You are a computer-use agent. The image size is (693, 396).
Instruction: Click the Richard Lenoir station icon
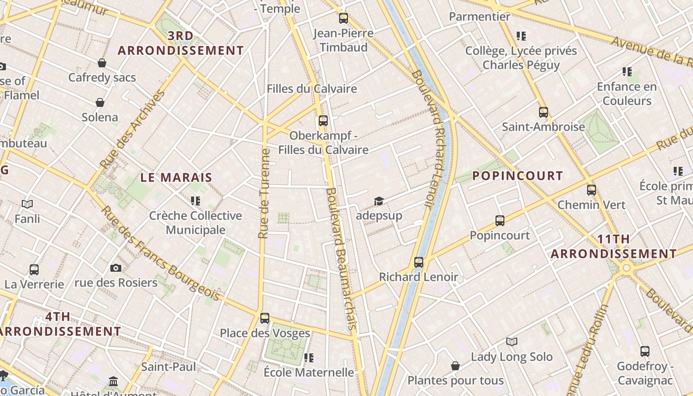(419, 262)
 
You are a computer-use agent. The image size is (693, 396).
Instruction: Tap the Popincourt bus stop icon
(500, 220)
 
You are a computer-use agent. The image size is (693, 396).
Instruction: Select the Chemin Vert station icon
(592, 190)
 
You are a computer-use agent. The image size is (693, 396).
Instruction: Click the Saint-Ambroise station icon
(544, 112)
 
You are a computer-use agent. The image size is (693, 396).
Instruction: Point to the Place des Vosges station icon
(265, 318)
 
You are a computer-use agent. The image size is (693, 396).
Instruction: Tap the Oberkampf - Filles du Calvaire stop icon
(323, 120)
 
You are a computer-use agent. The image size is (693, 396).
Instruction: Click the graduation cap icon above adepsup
(379, 201)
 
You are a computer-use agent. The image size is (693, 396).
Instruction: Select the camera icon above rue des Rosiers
(116, 268)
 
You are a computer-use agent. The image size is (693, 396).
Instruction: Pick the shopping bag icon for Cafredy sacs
(102, 63)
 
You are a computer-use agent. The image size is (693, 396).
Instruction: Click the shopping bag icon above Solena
(100, 102)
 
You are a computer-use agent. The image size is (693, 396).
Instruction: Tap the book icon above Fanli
(27, 204)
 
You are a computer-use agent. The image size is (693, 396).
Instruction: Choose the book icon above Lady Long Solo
(512, 342)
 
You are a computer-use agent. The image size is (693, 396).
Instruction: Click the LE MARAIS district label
(176, 177)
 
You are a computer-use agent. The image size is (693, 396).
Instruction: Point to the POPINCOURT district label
(517, 176)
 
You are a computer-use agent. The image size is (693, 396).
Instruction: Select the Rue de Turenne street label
(265, 193)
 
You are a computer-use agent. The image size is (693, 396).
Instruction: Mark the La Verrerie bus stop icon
(34, 270)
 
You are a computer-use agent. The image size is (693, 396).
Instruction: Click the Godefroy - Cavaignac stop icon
(645, 351)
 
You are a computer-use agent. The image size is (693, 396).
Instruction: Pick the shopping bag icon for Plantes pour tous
(455, 366)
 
